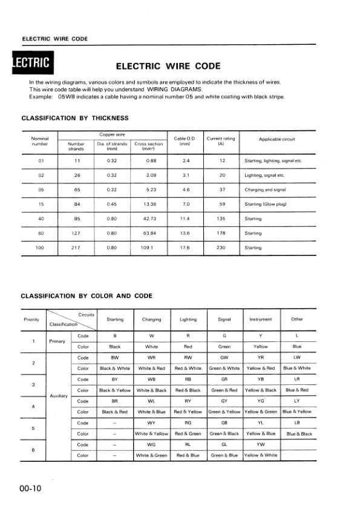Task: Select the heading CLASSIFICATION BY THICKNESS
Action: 75,117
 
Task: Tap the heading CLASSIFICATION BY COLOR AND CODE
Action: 87,295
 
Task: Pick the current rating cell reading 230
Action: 221,248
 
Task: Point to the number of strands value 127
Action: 77,233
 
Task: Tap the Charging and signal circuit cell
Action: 266,189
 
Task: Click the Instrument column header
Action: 260,319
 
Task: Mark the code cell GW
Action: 224,357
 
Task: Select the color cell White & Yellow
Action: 151,433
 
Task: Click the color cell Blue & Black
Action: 298,434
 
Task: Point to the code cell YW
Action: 261,444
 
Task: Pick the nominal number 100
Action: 41,248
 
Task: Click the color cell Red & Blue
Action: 188,455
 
